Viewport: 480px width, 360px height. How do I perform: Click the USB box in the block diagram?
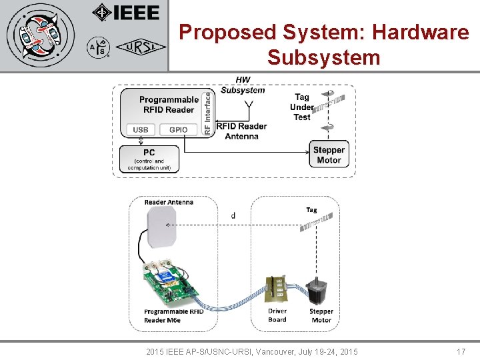[x=141, y=129]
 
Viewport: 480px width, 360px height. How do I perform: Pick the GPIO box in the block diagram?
[x=178, y=129]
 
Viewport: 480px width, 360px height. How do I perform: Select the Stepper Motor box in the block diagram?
[x=329, y=155]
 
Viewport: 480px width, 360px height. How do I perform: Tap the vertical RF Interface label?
[x=207, y=113]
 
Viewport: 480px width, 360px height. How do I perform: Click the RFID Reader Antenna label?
[x=241, y=131]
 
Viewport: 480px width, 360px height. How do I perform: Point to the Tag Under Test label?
[x=301, y=107]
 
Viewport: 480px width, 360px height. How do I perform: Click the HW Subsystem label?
[x=243, y=85]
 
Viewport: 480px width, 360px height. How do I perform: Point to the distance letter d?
[x=233, y=215]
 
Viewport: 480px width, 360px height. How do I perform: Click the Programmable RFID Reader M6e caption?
[x=173, y=315]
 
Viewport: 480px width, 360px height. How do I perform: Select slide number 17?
[x=461, y=351]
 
